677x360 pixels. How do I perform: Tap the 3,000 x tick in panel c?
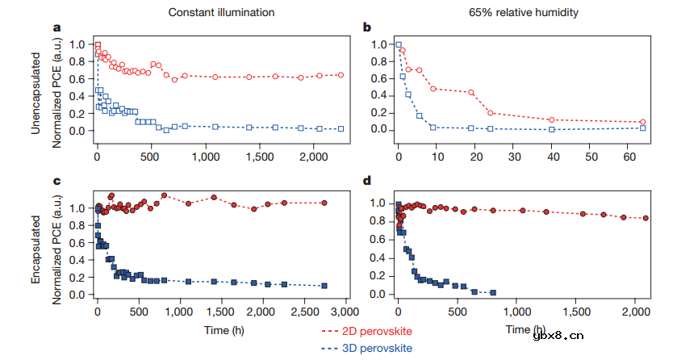pos(345,312)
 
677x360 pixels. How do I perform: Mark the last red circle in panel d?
pos(646,218)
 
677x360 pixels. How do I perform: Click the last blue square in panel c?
pos(324,286)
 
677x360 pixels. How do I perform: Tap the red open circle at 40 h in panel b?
pos(552,120)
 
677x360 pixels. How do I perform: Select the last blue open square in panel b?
pos(642,128)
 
